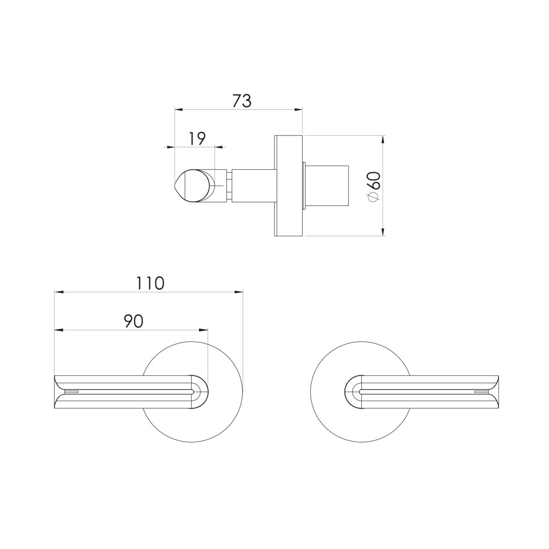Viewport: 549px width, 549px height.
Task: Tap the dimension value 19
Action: (197, 138)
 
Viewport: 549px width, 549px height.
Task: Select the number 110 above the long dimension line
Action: (149, 283)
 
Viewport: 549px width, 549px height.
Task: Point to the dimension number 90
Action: (133, 321)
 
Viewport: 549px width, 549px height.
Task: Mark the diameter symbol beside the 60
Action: (374, 196)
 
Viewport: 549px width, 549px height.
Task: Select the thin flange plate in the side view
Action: (288, 186)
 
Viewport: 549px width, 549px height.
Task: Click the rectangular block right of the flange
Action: (327, 186)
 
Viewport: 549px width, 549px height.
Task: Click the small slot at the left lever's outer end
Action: (72, 392)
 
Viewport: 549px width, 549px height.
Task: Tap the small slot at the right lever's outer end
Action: (481, 392)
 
